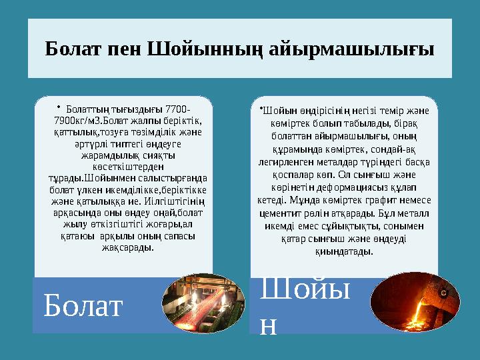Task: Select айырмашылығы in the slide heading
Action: [x=352, y=49]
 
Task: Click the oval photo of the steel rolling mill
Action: [x=203, y=303]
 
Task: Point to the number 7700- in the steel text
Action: [x=177, y=109]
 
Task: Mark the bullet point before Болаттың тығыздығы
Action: [x=59, y=107]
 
